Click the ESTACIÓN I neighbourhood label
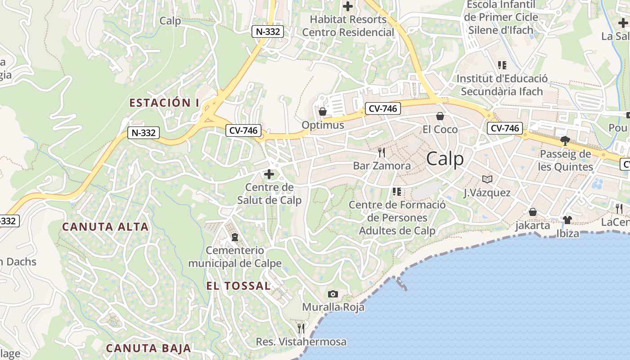164,103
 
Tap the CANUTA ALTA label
105,226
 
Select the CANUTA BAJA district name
148,348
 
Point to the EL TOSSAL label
238,286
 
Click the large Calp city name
445,159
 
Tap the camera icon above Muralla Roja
333,294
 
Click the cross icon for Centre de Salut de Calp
269,174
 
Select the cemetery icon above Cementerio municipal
234,237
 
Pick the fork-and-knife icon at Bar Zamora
382,153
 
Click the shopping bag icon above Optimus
323,112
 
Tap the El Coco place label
440,130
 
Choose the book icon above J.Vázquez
487,179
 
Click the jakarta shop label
533,225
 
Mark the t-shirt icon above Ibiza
567,220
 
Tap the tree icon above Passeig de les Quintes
565,141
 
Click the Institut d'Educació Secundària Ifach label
502,85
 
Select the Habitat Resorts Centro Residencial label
348,26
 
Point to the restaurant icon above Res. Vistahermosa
301,328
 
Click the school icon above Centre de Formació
396,192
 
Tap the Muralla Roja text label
333,307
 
